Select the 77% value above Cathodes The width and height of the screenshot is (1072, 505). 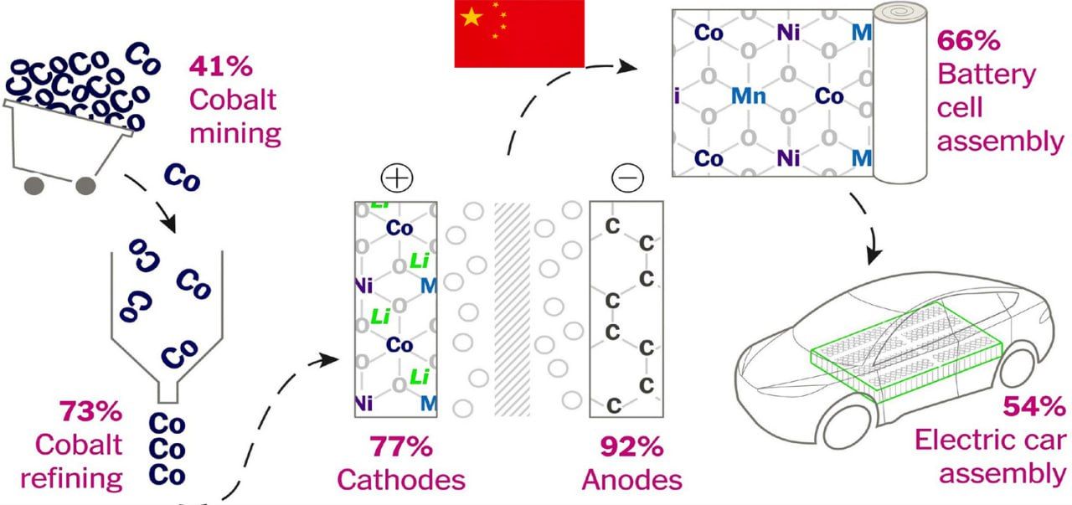tap(400, 446)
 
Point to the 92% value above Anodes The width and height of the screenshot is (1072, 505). tap(631, 446)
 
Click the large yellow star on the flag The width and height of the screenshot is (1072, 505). tap(472, 17)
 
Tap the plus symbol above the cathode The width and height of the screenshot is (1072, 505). tap(397, 178)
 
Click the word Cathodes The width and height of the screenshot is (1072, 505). tap(400, 479)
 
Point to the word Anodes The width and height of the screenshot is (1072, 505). tap(631, 480)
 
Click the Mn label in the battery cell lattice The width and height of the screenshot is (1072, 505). tap(748, 96)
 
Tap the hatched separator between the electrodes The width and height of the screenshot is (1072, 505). tap(513, 308)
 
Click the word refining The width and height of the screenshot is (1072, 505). tap(71, 478)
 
